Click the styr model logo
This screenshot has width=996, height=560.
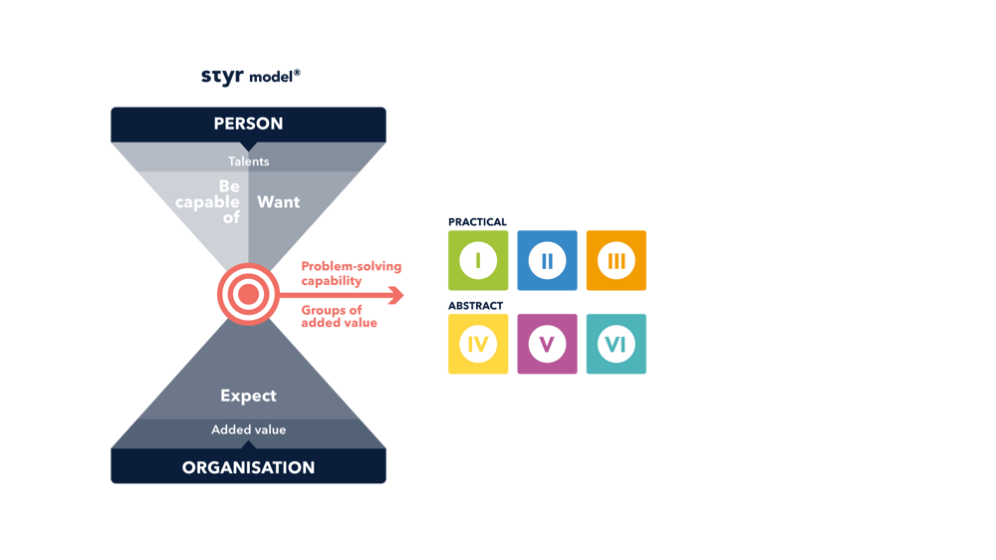pos(251,77)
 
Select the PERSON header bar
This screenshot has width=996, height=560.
pos(248,125)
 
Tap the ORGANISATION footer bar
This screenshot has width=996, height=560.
pos(248,466)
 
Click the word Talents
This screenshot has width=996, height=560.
pos(248,161)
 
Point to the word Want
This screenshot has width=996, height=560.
pos(278,202)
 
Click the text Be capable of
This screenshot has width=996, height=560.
pos(208,201)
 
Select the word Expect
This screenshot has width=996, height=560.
pos(248,396)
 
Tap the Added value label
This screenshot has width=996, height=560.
pos(248,429)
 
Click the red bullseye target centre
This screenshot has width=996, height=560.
pos(248,294)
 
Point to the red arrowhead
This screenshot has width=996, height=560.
pos(396,295)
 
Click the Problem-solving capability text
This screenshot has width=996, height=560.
pos(352,273)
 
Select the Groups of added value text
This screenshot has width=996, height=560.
pos(340,316)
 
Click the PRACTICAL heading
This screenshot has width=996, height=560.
pos(478,222)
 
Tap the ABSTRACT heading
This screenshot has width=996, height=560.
pos(476,306)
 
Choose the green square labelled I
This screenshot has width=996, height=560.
pos(478,261)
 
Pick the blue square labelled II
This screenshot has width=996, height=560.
pos(548,261)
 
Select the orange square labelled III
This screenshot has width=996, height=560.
pos(617,261)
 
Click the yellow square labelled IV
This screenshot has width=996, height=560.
pos(478,344)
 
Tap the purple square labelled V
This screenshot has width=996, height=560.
pos(548,344)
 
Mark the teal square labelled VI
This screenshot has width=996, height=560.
pos(617,344)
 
